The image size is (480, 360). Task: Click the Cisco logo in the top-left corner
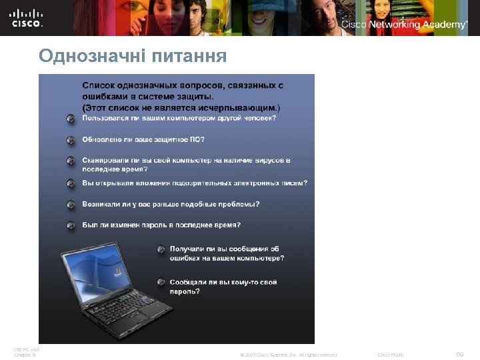[x=27, y=17]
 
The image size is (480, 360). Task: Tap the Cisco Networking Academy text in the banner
[x=404, y=25]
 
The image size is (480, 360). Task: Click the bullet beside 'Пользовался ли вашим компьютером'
[x=71, y=119]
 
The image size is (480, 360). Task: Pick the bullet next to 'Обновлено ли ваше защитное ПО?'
[x=71, y=140]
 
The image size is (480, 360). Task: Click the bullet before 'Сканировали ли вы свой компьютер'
[x=71, y=161]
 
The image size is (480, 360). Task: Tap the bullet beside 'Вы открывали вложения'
[x=71, y=183]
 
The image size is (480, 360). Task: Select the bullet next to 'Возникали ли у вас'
[x=71, y=204]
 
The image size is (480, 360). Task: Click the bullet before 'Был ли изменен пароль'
[x=71, y=225]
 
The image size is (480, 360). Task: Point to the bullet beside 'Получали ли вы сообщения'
[x=161, y=249]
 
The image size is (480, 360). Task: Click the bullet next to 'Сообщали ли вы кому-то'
[x=161, y=282]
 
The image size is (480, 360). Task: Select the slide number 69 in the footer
[x=459, y=354]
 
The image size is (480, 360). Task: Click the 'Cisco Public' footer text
[x=391, y=355]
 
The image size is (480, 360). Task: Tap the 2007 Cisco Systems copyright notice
[x=289, y=355]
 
